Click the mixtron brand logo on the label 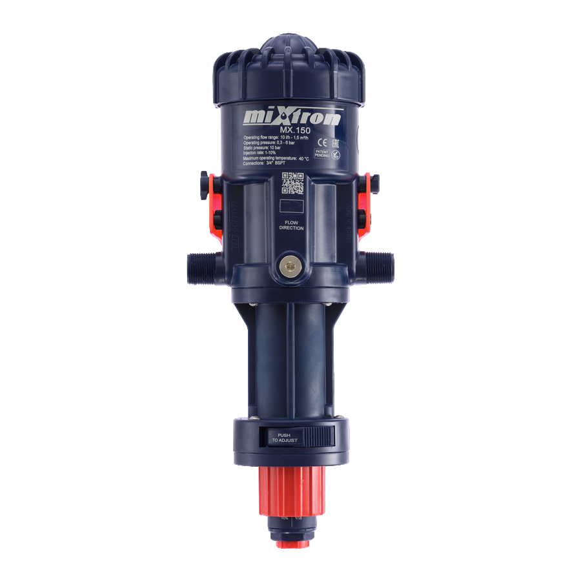point(293,117)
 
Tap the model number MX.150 point(295,130)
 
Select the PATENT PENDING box point(321,154)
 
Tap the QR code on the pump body point(292,184)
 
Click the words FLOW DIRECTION point(291,225)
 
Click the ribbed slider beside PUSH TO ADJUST point(318,436)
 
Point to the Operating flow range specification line point(275,138)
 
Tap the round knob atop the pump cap point(290,46)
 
